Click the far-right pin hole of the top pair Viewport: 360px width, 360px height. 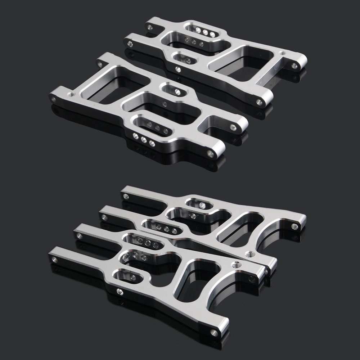click(x=295, y=66)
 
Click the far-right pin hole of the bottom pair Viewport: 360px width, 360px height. click(x=294, y=226)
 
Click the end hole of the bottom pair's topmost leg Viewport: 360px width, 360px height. click(x=126, y=197)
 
